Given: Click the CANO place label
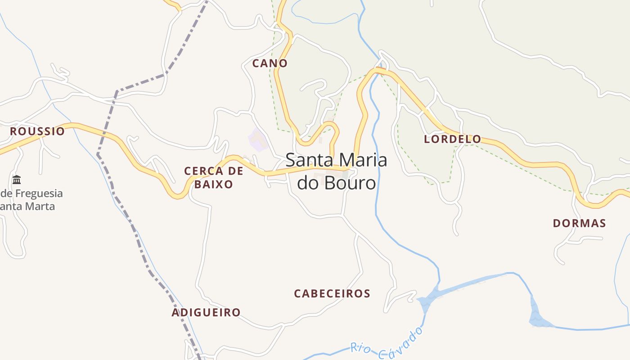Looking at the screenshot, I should click(270, 63).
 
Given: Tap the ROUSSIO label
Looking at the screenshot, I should click(37, 131).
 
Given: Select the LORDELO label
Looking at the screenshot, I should click(452, 139).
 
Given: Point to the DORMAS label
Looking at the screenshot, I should click(579, 223).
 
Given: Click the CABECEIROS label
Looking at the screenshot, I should click(332, 294).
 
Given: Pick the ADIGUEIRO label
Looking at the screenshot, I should click(206, 312).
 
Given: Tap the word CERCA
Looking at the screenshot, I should click(203, 171).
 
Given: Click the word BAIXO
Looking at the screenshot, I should click(214, 184).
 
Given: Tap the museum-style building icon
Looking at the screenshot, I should click(17, 180).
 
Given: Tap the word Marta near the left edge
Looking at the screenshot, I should click(36, 207).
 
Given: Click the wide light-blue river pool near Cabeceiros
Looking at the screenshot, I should click(430, 297).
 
